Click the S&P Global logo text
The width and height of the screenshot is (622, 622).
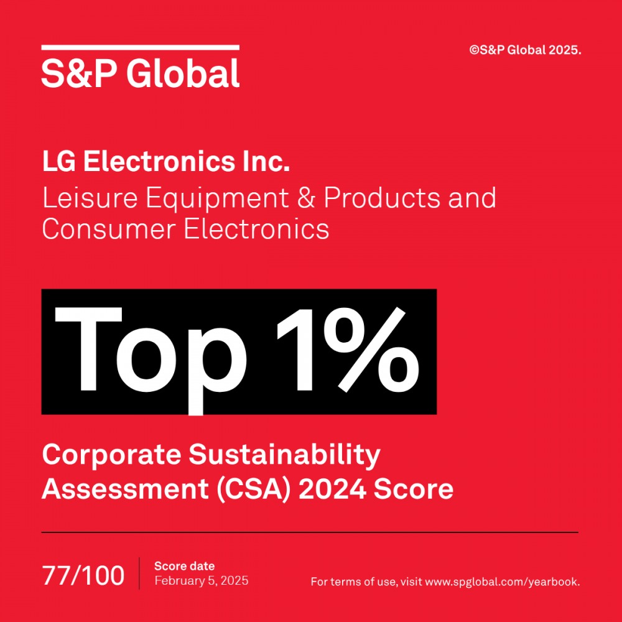click(x=141, y=73)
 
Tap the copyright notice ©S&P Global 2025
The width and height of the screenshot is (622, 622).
click(x=525, y=50)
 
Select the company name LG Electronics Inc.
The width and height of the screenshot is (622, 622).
click(x=166, y=162)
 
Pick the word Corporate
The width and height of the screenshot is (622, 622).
click(x=111, y=455)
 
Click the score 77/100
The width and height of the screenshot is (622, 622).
click(x=83, y=575)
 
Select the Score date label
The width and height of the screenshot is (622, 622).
click(x=184, y=566)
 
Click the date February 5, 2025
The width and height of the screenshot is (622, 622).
click(x=202, y=581)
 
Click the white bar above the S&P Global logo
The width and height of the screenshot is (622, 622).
click(x=141, y=47)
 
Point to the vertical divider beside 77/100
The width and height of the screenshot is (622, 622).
click(x=139, y=573)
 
